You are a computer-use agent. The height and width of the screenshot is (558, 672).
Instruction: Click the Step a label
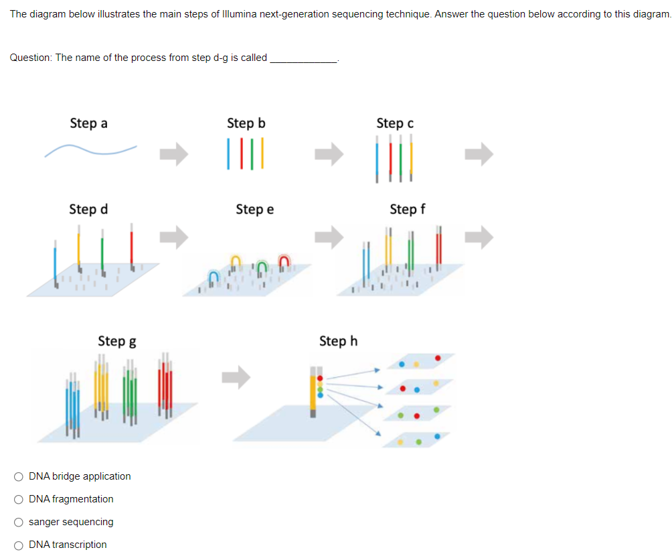(88, 123)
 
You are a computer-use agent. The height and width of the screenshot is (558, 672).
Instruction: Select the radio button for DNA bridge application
(19, 476)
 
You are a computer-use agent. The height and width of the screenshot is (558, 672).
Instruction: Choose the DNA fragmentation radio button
(19, 499)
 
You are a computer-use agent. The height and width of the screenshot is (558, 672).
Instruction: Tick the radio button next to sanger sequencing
(19, 522)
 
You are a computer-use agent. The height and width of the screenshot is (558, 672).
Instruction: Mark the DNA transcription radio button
(19, 545)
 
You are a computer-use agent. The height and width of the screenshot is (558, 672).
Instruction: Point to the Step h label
(338, 341)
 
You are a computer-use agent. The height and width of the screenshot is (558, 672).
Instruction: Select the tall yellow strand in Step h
(313, 391)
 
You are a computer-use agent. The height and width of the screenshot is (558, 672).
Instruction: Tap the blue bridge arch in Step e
(214, 275)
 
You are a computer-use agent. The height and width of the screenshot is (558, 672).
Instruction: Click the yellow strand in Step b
(262, 154)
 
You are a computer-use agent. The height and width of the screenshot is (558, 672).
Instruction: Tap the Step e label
(254, 210)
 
